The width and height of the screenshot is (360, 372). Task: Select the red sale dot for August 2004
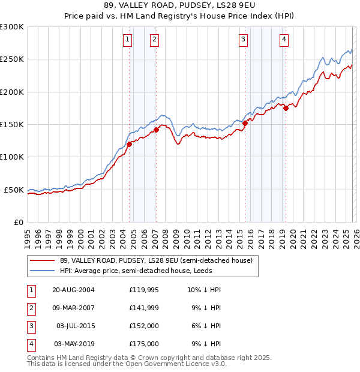coord(129,144)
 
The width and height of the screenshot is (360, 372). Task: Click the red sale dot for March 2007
coord(156,130)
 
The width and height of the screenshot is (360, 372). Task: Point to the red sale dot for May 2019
coord(286,109)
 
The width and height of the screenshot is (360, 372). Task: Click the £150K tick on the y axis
coord(12,125)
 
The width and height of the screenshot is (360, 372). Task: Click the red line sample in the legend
coord(42,260)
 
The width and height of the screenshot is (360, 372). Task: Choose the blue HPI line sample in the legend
coord(42,271)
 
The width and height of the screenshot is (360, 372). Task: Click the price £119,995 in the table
coord(144,290)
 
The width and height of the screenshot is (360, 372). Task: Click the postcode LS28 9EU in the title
coord(227,5)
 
